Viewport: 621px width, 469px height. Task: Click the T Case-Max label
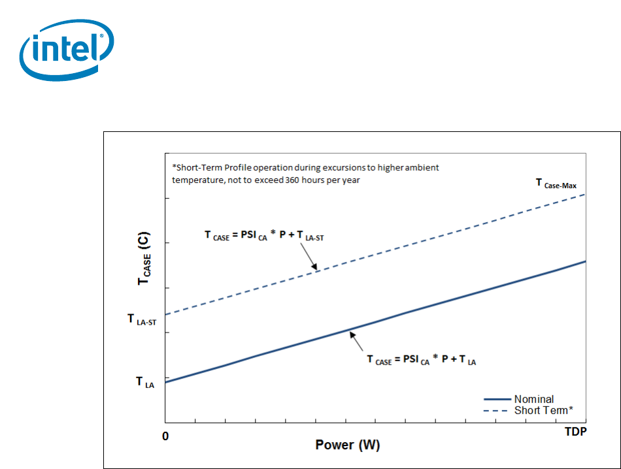click(x=556, y=185)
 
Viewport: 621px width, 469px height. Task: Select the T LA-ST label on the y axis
click(x=141, y=320)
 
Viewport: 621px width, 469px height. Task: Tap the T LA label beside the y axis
click(x=144, y=383)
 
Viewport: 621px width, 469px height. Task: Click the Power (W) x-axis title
click(x=347, y=445)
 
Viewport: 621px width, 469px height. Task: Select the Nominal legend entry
click(x=534, y=399)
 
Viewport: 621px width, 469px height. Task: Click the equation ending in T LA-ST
click(x=264, y=236)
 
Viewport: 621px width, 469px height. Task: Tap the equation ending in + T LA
click(x=421, y=359)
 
